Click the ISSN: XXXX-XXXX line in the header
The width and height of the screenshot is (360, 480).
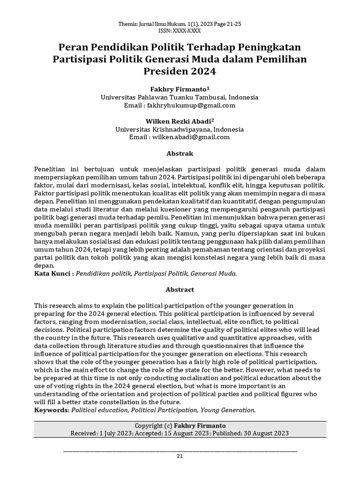click(x=180, y=30)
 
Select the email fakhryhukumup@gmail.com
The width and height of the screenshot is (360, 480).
click(x=194, y=105)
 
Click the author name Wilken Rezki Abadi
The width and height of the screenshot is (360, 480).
click(x=178, y=121)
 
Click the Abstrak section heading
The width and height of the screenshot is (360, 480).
click(x=180, y=153)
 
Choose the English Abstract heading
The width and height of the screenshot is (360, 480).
click(x=180, y=290)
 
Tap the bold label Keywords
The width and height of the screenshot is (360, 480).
click(x=51, y=410)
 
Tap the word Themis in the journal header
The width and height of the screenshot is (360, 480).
click(x=127, y=23)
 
